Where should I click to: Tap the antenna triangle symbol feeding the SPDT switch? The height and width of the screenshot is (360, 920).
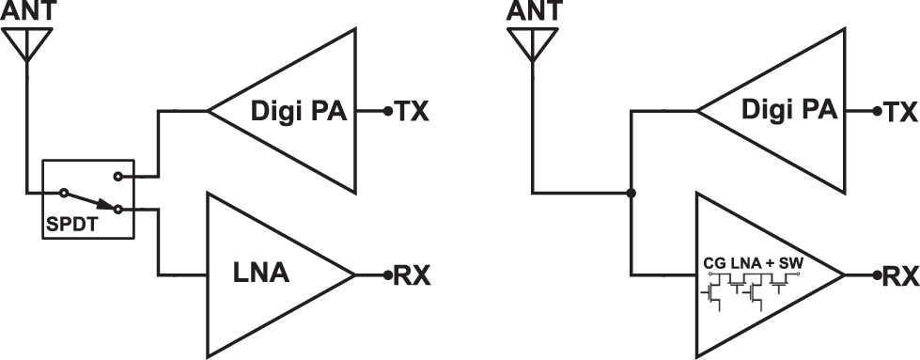pos(27,42)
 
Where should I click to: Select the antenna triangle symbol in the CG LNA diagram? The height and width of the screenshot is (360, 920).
pos(533,42)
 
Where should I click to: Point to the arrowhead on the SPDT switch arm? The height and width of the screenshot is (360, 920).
pos(104,206)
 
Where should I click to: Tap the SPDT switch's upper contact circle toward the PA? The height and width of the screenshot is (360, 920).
pos(117,175)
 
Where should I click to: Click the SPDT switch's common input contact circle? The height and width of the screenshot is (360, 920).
pos(62,194)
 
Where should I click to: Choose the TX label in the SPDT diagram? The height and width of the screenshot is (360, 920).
pos(412,112)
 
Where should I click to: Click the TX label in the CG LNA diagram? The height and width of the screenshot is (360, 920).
pos(899,112)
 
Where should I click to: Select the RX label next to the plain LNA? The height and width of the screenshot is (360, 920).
pos(412,355)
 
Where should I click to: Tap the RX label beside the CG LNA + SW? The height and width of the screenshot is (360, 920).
pos(899,355)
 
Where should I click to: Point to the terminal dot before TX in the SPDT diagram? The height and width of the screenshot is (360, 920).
pos(387,112)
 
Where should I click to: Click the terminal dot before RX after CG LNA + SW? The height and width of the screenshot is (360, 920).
pos(875,354)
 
